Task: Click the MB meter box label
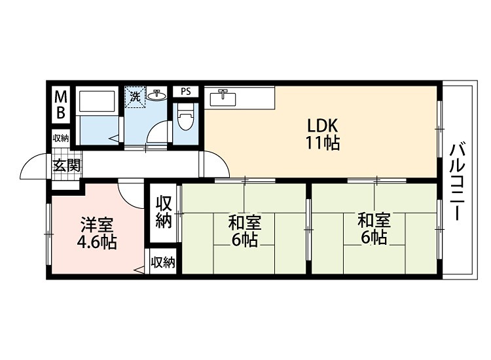(x=60, y=105)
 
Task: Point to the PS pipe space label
(x=186, y=92)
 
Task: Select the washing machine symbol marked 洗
(x=135, y=97)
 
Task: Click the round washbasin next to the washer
(x=156, y=96)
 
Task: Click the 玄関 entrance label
(x=66, y=165)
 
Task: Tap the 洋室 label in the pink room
(x=96, y=225)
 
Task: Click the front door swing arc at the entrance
(x=35, y=168)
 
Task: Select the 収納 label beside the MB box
(x=61, y=138)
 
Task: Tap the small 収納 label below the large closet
(x=163, y=263)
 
